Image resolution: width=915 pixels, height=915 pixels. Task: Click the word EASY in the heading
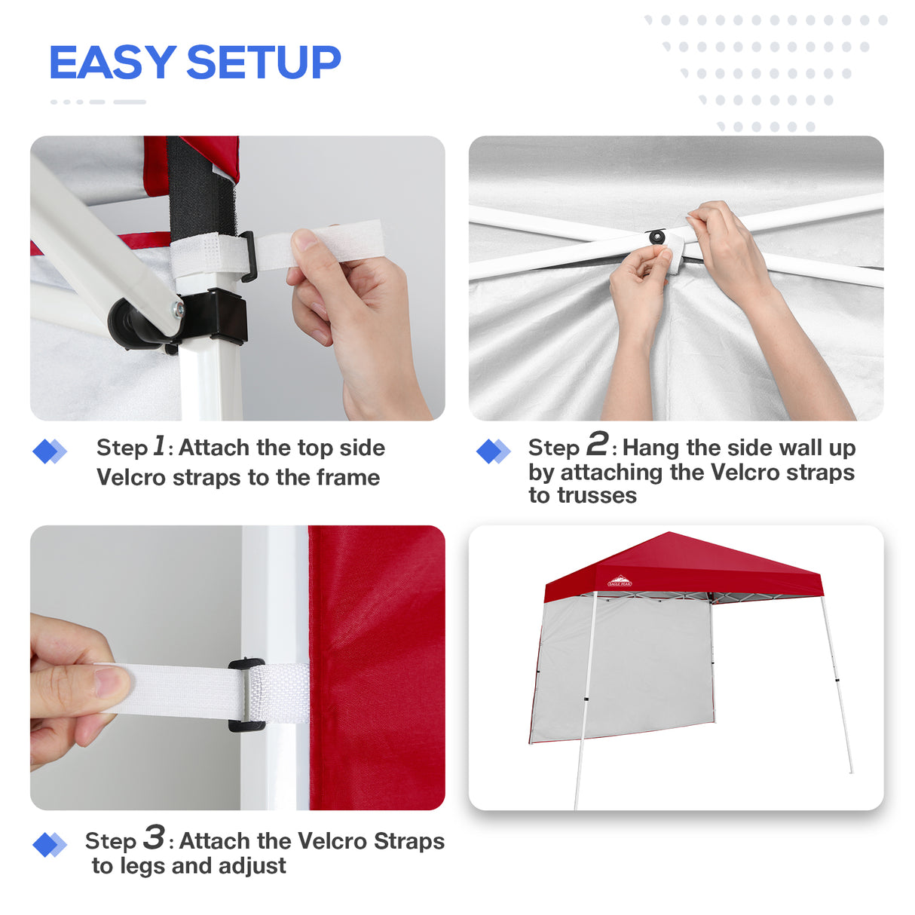coord(112,63)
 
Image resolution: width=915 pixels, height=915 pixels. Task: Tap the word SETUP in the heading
coord(263,63)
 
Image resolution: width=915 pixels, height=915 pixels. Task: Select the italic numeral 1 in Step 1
coord(159,445)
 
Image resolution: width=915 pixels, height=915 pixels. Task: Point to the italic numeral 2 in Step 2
coord(597,444)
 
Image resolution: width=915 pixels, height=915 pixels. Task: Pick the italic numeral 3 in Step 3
coord(154,837)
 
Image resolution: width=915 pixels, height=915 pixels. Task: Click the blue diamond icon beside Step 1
coord(49,451)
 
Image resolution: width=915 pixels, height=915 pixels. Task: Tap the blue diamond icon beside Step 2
coord(493,451)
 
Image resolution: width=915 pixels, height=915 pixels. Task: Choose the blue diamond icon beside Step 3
coord(49,845)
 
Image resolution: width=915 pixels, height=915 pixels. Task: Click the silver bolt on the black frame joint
coord(178,308)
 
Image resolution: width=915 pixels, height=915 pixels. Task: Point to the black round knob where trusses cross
coord(657,237)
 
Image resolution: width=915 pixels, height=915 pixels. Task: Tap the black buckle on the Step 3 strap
coord(247,695)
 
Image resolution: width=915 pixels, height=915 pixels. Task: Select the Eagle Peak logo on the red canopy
coord(620,581)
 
